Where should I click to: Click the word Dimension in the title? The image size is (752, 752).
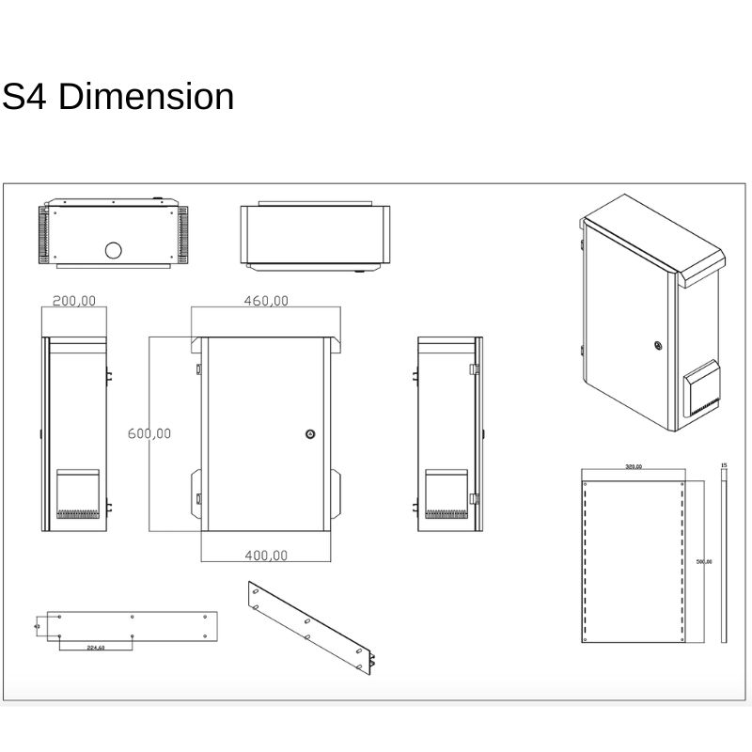(146, 97)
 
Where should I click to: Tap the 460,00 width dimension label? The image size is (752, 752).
(267, 301)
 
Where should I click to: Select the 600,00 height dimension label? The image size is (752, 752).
(149, 433)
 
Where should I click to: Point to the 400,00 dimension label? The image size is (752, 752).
(266, 556)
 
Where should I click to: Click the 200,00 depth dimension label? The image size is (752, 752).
(75, 301)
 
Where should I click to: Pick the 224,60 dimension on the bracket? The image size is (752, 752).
(95, 648)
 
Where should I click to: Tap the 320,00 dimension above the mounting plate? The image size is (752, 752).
(632, 466)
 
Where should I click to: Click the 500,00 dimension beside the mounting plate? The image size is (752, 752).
(703, 561)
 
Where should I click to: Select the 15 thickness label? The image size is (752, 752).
(723, 465)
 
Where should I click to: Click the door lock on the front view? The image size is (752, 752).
(310, 434)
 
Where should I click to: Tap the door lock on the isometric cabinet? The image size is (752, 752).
(657, 344)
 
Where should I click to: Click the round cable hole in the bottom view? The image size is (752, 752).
(113, 250)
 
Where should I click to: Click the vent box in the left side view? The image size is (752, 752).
(77, 493)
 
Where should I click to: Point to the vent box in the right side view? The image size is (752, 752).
(446, 493)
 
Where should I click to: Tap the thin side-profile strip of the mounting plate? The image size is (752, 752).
(724, 559)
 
